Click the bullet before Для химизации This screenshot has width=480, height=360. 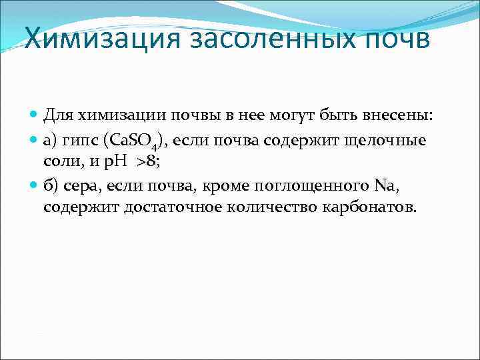click(34, 115)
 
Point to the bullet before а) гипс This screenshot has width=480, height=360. click(34, 141)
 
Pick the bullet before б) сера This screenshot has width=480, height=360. click(34, 185)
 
